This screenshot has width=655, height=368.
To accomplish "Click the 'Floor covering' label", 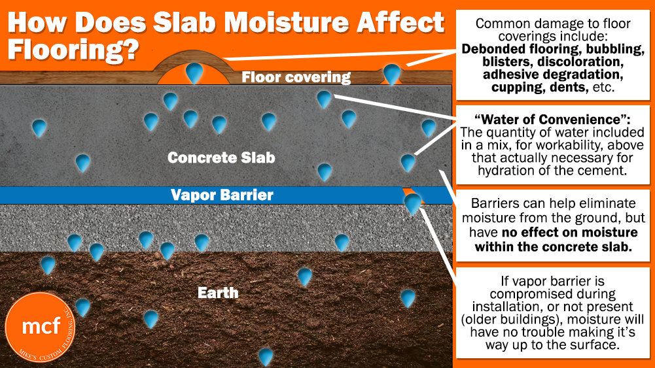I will [x=296, y=78].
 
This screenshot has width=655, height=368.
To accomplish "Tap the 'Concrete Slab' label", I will [x=221, y=158].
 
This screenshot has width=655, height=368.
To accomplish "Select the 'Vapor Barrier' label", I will [x=222, y=195].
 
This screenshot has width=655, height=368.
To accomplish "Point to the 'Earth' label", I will [x=218, y=292].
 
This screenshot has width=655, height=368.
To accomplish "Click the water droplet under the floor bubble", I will [x=194, y=73].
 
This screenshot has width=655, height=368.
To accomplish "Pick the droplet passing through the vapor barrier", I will [x=413, y=203].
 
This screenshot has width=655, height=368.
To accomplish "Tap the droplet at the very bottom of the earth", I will [x=265, y=357].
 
